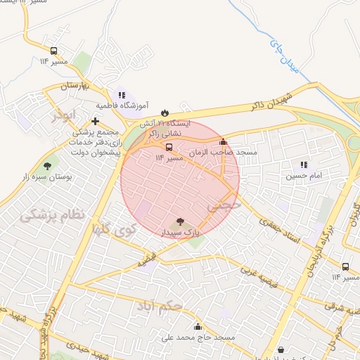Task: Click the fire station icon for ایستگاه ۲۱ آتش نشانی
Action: click(165, 112)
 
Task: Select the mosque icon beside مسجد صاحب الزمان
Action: click(224, 141)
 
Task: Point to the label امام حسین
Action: click(299, 176)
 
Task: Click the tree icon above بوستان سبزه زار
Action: click(47, 166)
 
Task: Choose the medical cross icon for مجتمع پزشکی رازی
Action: click(95, 121)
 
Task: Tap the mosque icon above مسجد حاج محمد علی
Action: click(198, 326)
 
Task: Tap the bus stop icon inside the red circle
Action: click(169, 148)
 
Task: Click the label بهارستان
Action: click(58, 85)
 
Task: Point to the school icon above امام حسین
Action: click(304, 165)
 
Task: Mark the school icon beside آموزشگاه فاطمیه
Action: click(122, 95)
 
